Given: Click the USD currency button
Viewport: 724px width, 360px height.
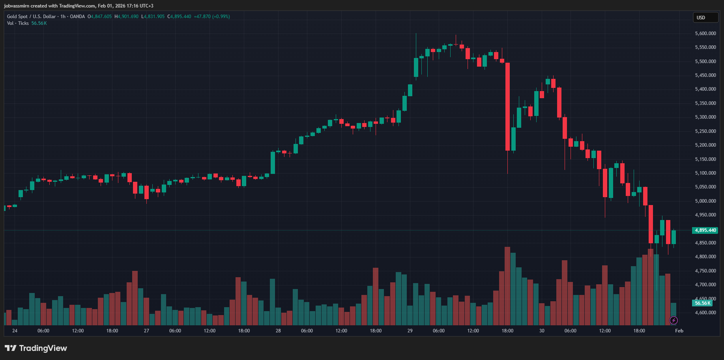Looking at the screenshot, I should (x=705, y=18).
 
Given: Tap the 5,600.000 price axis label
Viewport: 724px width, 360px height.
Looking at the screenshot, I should (x=705, y=34).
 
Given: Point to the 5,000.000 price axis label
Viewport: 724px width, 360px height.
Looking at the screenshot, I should (x=705, y=201).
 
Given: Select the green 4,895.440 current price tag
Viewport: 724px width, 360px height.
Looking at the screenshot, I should (x=705, y=230).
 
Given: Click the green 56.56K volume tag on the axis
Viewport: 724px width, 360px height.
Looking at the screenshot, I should (x=702, y=303).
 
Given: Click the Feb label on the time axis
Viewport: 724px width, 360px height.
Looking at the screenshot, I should (x=679, y=331).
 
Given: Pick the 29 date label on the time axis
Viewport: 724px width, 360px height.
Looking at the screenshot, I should (x=410, y=331).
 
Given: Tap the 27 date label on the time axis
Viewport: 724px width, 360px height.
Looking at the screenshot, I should (x=146, y=331).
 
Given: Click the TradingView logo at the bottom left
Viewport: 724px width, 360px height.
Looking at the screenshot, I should (x=36, y=348).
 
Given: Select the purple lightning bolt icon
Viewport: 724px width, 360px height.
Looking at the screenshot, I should (x=673, y=321).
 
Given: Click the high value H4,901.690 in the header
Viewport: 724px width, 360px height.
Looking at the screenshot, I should (x=126, y=17).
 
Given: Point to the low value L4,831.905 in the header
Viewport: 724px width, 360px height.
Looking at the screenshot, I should (x=153, y=17).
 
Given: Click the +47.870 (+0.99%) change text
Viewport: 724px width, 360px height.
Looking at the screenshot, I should (x=212, y=17).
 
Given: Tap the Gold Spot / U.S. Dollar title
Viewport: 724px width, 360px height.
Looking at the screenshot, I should (x=31, y=17).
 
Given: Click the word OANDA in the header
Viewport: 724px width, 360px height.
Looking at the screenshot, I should (x=77, y=17).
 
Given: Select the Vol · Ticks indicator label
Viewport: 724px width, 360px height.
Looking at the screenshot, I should (x=18, y=23).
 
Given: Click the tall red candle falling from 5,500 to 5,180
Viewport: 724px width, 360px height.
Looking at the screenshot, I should (x=507, y=106).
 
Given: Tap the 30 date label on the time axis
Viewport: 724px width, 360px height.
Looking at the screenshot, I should (x=542, y=331).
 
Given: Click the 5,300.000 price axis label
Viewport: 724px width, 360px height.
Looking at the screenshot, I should (x=705, y=117).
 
